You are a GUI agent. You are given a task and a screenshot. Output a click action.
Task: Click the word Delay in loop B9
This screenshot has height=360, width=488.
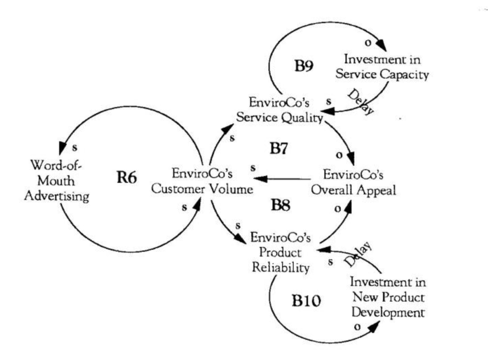[360, 103]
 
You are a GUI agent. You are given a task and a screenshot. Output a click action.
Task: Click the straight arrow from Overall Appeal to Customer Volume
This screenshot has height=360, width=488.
[285, 178]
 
